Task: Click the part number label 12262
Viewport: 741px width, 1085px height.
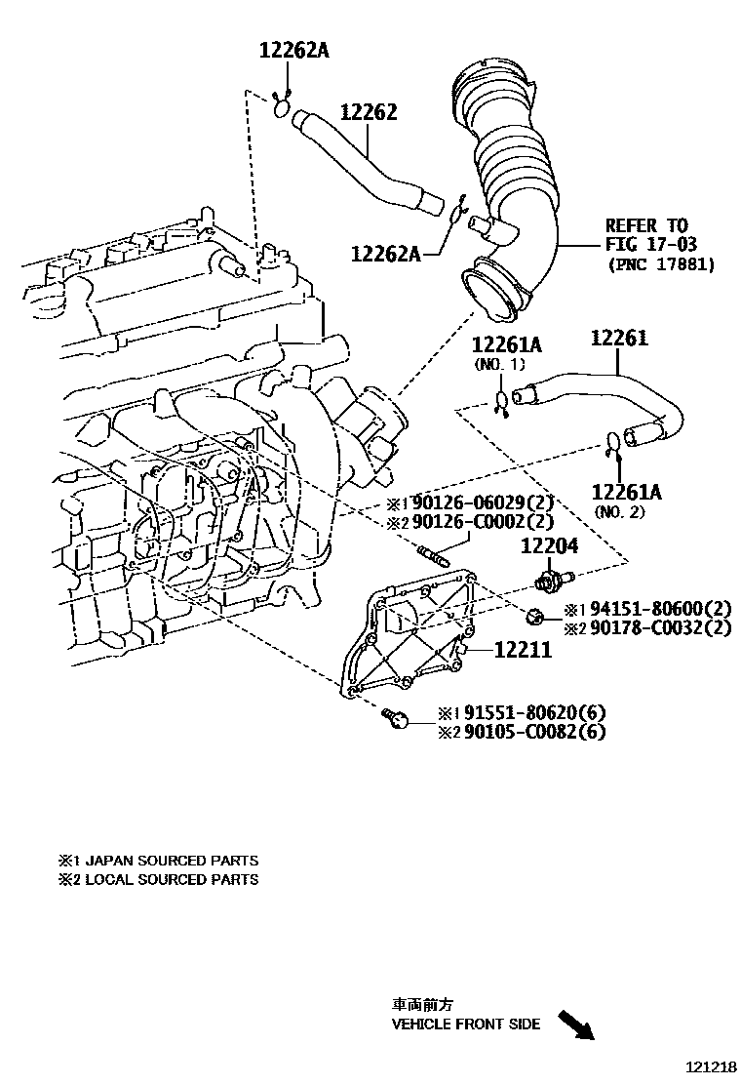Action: click(x=368, y=112)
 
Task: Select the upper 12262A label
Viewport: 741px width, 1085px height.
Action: click(x=293, y=50)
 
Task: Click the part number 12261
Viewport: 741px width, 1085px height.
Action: click(x=619, y=339)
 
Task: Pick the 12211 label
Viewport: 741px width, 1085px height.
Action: click(x=523, y=647)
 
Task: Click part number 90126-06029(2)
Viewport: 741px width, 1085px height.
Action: click(x=484, y=503)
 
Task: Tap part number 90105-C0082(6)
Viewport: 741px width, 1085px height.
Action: click(x=534, y=731)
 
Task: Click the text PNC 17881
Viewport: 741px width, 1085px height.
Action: click(x=660, y=263)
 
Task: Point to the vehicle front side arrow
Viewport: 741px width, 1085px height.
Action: click(x=575, y=1025)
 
